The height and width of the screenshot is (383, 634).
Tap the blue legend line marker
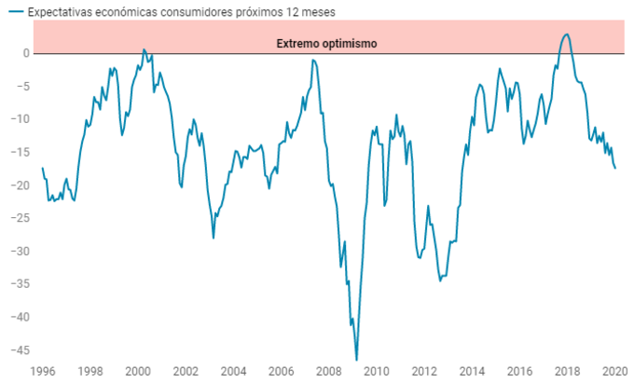tap(15, 11)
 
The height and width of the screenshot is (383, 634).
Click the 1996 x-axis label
tap(43, 370)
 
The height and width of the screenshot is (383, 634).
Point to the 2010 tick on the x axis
tap(378, 370)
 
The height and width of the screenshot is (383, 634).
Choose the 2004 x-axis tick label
tap(234, 370)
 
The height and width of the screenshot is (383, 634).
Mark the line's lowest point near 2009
tap(356, 360)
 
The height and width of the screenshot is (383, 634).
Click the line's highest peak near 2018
tap(567, 34)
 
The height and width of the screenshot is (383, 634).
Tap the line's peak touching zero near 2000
tap(144, 49)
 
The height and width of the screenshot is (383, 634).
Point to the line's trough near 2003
tap(214, 238)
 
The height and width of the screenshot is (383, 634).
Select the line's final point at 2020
tap(615, 168)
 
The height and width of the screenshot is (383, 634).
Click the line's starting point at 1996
tap(43, 168)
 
